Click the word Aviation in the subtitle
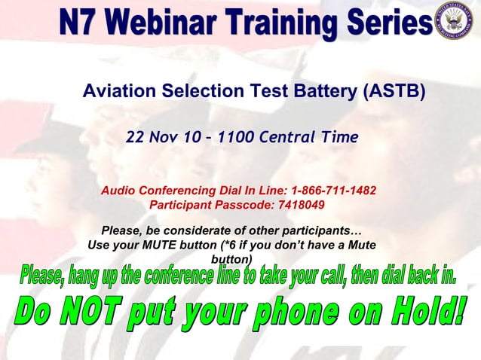(117, 92)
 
